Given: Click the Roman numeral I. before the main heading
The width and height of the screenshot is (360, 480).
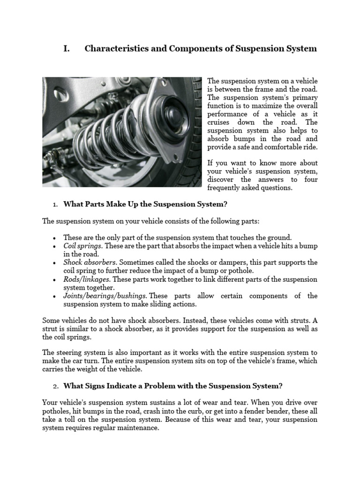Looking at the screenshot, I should click(66, 49).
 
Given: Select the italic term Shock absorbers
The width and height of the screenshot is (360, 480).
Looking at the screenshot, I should click(89, 262).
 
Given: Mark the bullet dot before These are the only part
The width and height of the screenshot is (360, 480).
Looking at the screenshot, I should click(55, 238).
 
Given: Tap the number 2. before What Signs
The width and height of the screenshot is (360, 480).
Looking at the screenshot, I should click(55, 386).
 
